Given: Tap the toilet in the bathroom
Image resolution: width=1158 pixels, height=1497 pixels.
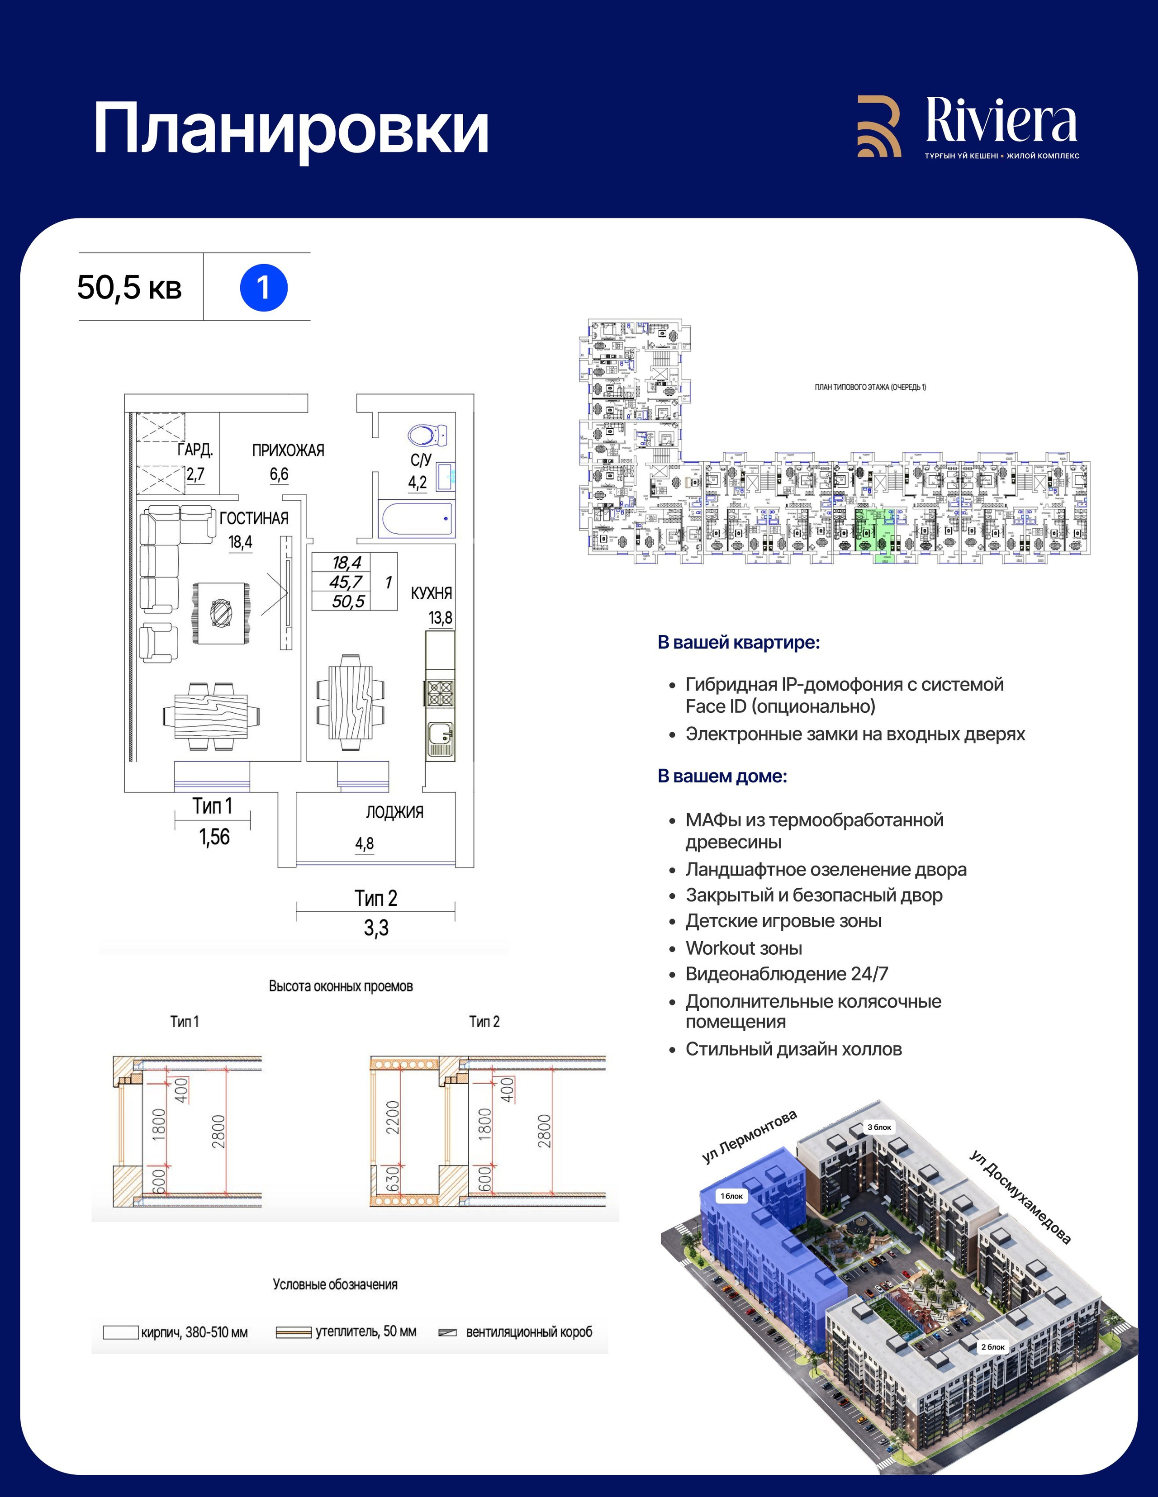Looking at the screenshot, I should [x=427, y=435].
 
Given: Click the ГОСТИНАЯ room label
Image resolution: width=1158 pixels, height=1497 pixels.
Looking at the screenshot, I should [x=254, y=518].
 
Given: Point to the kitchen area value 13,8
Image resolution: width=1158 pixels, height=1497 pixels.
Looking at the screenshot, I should [x=440, y=618].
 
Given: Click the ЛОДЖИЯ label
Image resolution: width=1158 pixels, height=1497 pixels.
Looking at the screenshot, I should [x=394, y=812].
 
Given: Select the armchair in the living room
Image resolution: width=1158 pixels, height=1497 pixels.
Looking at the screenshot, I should [x=159, y=643].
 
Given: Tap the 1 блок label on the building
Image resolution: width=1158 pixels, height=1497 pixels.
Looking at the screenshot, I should [x=731, y=1196].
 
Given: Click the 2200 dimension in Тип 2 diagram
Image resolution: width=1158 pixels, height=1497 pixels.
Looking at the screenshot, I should [x=392, y=1117].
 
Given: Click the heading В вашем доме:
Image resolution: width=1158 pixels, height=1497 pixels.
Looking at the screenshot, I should [x=722, y=776].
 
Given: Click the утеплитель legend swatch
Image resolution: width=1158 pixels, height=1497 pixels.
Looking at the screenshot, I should [x=294, y=1332].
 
